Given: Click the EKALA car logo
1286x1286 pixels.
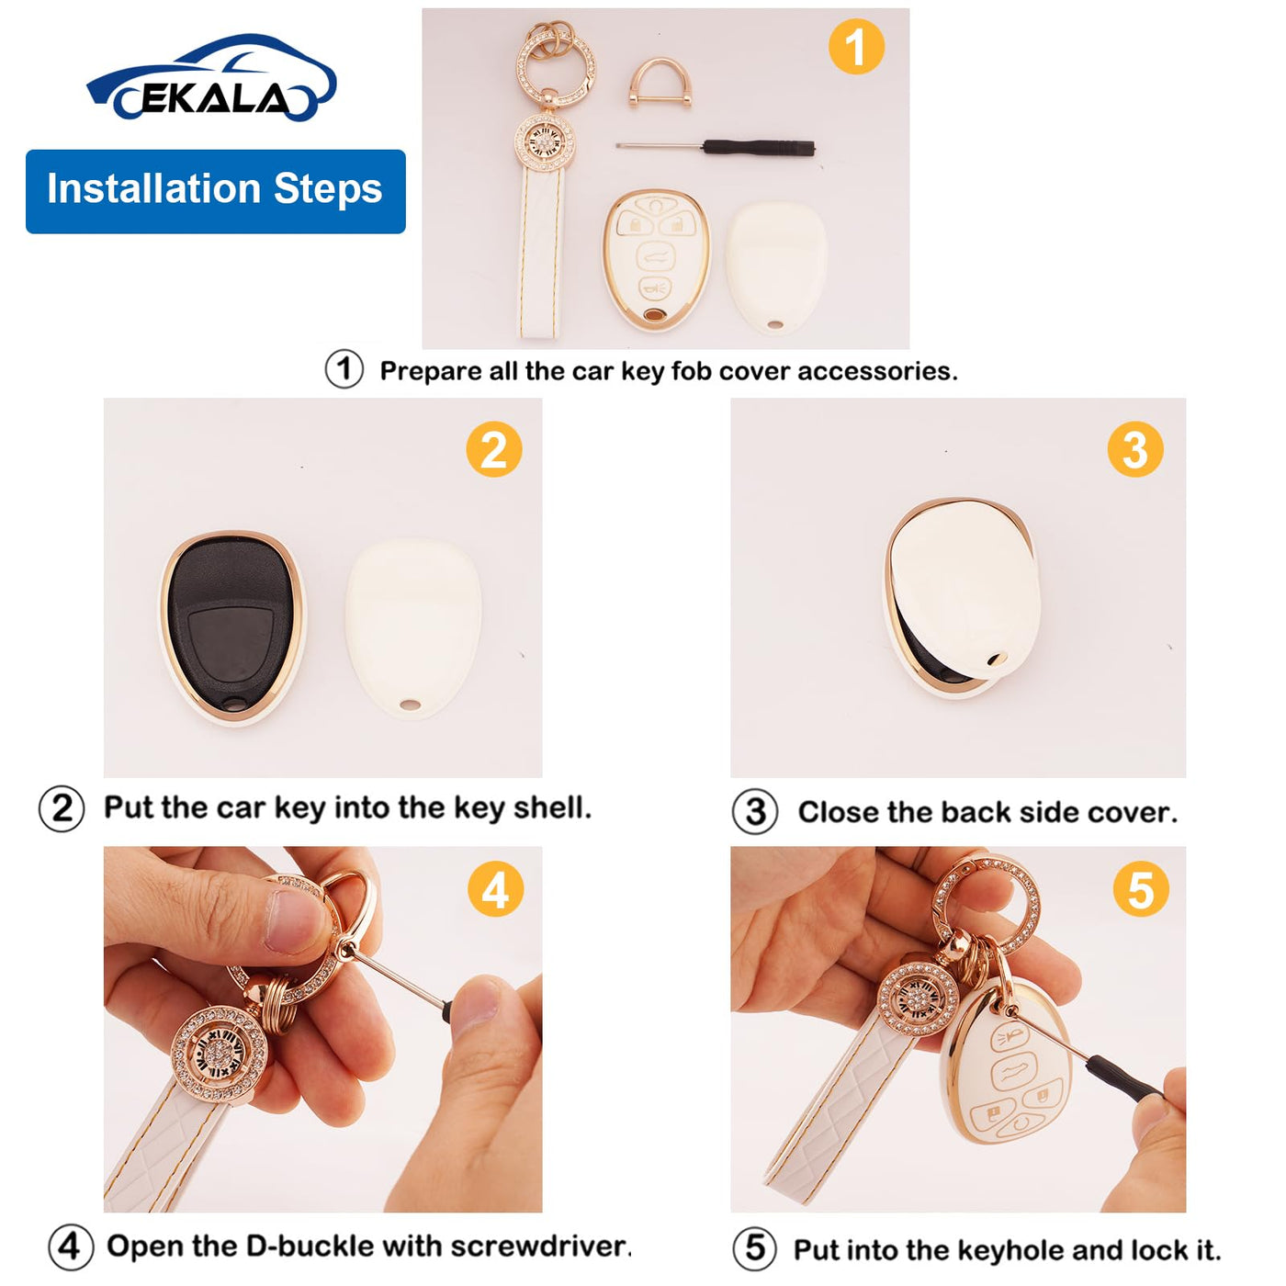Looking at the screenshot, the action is [211, 77].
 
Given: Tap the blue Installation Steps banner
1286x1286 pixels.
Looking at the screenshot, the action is [216, 192].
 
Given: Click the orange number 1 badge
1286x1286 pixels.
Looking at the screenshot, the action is [856, 47].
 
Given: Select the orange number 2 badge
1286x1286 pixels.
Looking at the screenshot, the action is [494, 449].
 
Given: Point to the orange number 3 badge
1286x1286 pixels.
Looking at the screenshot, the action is [1134, 449].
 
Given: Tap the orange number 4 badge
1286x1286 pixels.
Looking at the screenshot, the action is [494, 889].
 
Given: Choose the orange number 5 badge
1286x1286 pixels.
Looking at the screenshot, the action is [1141, 889].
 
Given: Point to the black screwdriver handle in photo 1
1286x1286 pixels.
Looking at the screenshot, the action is [760, 147].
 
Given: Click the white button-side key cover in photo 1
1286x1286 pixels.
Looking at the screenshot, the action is [657, 260].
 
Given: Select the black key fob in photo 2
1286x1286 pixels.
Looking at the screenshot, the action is [231, 626].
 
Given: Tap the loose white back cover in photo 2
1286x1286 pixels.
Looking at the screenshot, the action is [413, 628].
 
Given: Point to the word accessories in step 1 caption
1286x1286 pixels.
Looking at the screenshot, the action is [877, 371].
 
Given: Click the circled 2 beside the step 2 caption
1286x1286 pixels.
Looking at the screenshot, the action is [62, 809].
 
